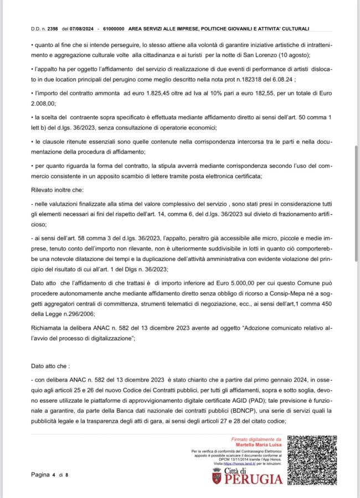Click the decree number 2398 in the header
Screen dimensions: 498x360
point(54,28)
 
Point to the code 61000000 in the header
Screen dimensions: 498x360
point(113,28)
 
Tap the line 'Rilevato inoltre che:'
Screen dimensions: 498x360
point(55,190)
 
